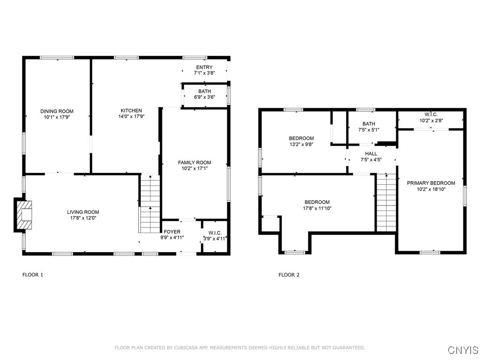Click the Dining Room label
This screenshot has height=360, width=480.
click(57, 111)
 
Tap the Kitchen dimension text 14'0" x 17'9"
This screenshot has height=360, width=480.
click(131, 116)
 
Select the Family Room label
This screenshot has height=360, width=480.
click(195, 163)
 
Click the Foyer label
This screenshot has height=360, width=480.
click(172, 232)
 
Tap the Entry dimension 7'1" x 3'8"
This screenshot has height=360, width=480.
click(204, 73)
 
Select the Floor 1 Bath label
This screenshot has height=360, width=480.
click(204, 91)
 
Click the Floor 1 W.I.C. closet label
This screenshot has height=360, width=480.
click(215, 233)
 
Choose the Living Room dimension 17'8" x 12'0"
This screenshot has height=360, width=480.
click(83, 218)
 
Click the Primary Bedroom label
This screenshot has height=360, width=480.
click(431, 183)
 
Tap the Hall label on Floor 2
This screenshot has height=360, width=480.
click(371, 154)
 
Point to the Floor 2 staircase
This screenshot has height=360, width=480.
click(386, 203)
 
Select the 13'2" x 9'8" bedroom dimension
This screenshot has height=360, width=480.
click(301, 144)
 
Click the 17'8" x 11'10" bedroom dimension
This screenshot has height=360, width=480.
click(317, 208)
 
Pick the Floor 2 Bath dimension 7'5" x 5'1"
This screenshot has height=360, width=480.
click(369, 129)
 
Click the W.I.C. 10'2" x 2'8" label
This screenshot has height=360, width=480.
click(431, 118)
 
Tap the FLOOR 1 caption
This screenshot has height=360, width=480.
click(33, 275)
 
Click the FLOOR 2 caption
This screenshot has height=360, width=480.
click(289, 275)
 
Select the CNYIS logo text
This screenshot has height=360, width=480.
click(463, 350)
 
